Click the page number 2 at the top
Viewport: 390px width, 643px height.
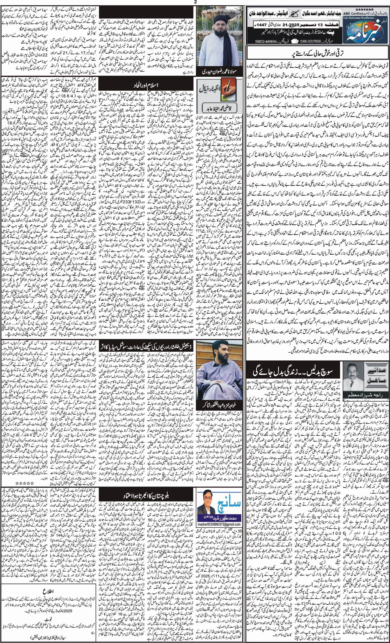click(195, 2)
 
